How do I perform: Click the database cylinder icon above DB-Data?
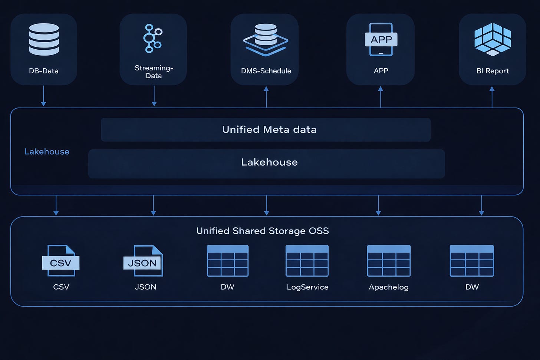44,39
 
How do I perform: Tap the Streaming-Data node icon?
152,38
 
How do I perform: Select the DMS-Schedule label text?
266,71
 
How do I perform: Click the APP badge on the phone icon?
381,39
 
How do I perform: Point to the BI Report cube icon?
493,40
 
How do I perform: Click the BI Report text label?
493,71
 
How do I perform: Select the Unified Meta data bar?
266,130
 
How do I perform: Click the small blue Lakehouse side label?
47,152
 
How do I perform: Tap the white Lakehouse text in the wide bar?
269,162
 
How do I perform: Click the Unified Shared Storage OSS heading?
263,231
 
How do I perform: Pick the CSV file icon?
61,261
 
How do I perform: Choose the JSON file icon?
143,261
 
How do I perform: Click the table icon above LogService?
307,261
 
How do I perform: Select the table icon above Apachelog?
389,261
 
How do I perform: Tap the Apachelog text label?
389,287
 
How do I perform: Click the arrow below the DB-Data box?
43,96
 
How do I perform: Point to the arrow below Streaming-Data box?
154,96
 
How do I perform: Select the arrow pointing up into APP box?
381,97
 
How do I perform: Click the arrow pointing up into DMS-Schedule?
266,97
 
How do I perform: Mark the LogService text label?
307,287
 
